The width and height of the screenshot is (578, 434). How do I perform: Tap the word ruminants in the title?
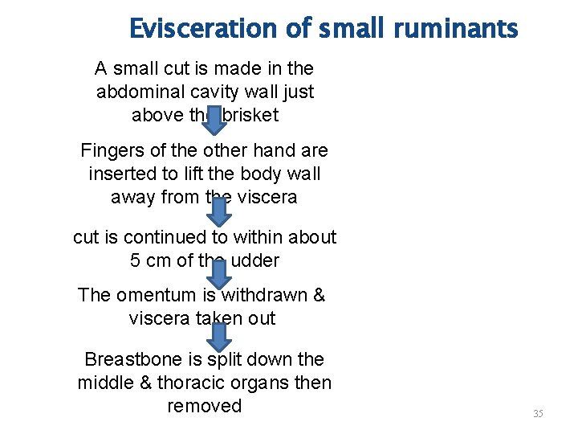456,30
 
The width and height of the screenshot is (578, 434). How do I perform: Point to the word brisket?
250,115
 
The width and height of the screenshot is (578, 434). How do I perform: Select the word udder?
254,261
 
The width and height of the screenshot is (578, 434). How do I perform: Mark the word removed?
204,406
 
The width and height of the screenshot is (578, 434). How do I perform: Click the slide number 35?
538,414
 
